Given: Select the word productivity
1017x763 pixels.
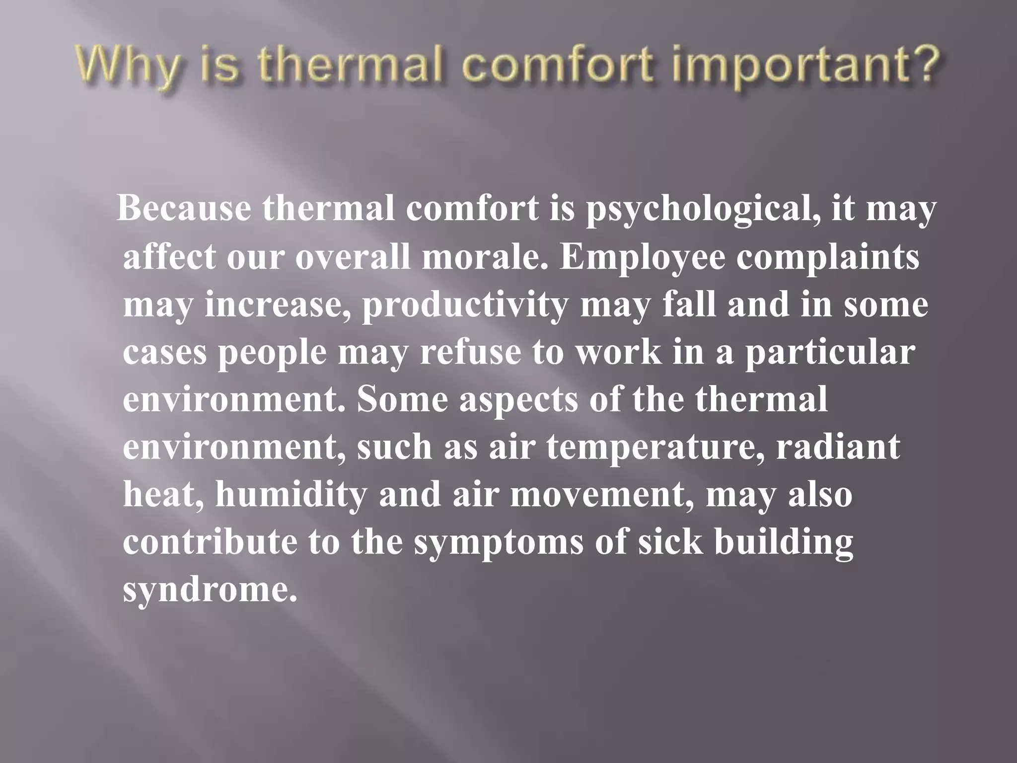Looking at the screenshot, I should (x=465, y=305).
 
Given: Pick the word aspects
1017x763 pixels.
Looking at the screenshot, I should (x=518, y=400).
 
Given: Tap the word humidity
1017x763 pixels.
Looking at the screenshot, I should (x=291, y=495).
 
